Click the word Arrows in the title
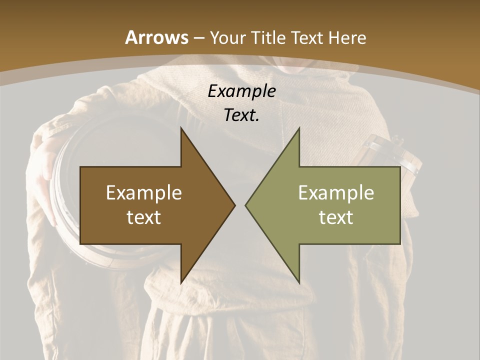[157, 37]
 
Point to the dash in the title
[198, 38]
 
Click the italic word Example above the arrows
[241, 91]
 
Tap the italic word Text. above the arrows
[241, 115]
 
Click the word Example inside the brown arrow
[144, 192]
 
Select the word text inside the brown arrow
[144, 217]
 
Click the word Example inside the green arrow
[336, 192]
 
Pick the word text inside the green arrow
[336, 217]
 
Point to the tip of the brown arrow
[234, 205]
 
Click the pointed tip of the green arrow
[245, 205]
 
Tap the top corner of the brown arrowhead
[181, 128]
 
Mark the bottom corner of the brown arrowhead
[181, 283]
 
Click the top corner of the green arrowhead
[299, 128]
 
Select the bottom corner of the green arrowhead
[299, 283]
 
